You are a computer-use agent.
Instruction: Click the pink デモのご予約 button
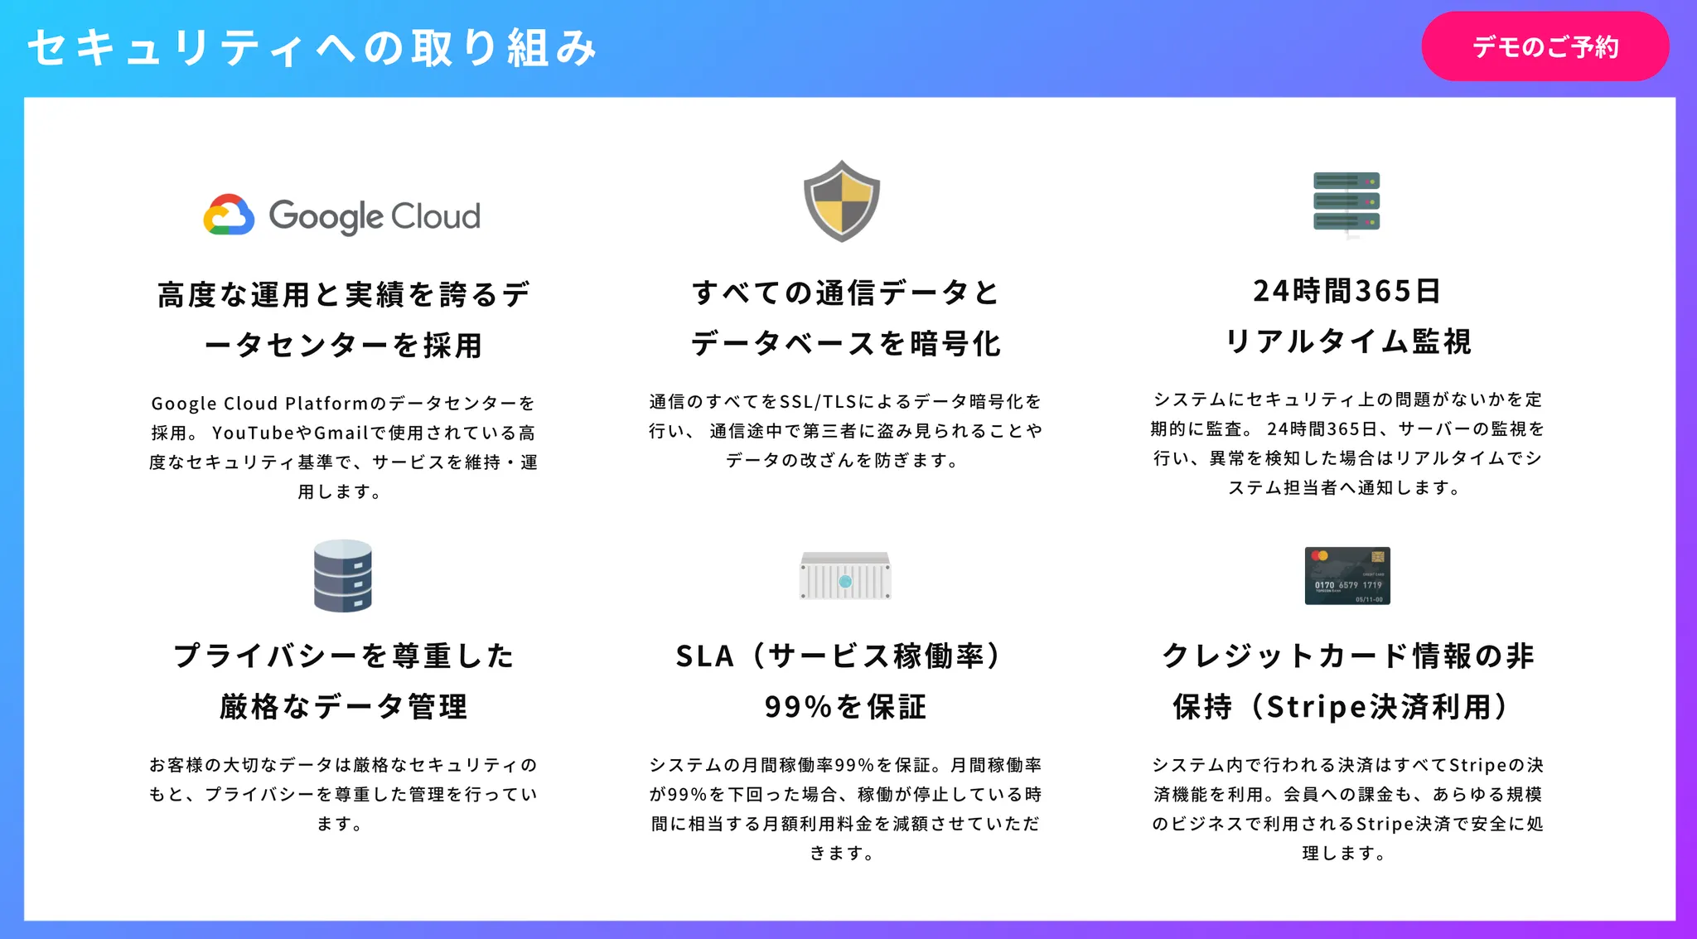(1545, 46)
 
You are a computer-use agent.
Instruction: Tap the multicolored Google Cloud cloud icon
(229, 215)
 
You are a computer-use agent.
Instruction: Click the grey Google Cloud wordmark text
(375, 216)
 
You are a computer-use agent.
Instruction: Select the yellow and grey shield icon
(842, 201)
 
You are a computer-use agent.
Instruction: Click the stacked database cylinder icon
(342, 576)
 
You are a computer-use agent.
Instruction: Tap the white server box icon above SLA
(844, 575)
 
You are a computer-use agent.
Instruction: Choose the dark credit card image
(1347, 575)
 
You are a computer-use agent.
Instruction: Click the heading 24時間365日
(1347, 291)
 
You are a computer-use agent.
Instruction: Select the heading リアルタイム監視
(1347, 341)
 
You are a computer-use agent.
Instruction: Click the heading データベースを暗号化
(846, 343)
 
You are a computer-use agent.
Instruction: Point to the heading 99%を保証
(845, 707)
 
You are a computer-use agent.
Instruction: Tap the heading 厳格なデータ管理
(344, 707)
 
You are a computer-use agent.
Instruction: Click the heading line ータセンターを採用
(343, 345)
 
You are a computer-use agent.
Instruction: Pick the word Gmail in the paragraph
(341, 433)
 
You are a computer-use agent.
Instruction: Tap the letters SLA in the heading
(705, 656)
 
